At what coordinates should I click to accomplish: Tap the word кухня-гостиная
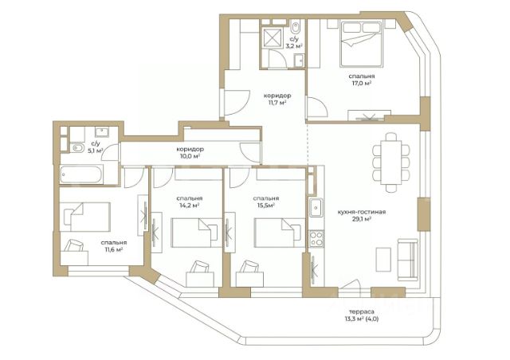(x=361, y=212)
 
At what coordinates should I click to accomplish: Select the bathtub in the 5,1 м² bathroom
(x=81, y=174)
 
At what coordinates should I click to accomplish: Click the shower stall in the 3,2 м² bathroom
(x=273, y=37)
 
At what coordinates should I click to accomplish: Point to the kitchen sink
(x=316, y=207)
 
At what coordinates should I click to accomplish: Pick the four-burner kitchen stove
(x=316, y=238)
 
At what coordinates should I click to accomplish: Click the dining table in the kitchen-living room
(x=391, y=162)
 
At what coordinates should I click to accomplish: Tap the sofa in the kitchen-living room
(x=407, y=260)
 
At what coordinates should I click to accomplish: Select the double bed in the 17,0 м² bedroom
(x=360, y=44)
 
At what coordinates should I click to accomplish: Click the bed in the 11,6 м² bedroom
(x=85, y=217)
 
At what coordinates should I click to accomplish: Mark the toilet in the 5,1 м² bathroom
(x=76, y=148)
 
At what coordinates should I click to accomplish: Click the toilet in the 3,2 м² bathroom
(x=296, y=27)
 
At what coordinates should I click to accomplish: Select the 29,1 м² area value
(x=362, y=219)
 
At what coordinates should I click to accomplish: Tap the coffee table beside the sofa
(x=383, y=259)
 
